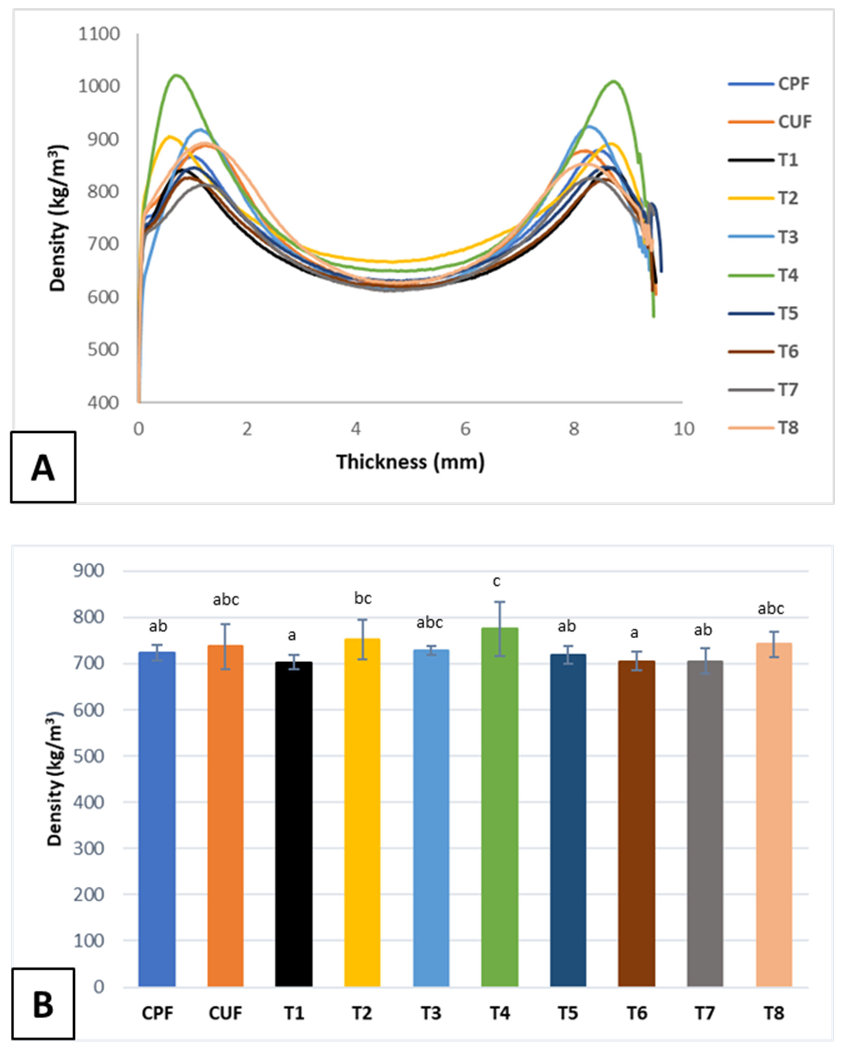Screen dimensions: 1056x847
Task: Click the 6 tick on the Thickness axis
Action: [x=465, y=429]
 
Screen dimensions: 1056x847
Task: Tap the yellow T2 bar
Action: [x=362, y=813]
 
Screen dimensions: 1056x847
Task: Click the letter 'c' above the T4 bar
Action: [x=497, y=581]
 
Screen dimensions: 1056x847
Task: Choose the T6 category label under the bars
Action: [x=636, y=1013]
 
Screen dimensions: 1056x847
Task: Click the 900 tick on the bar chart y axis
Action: [x=89, y=571]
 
